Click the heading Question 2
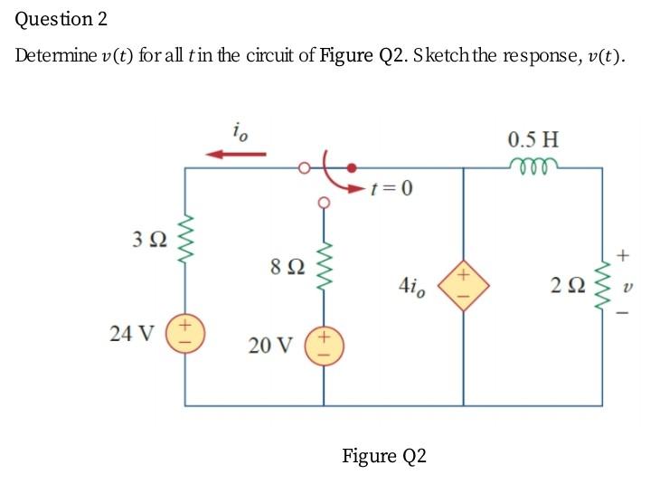click(x=55, y=19)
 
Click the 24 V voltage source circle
click(x=187, y=332)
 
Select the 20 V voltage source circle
click(x=323, y=347)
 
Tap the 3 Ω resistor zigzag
click(x=187, y=242)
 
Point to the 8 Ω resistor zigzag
click(x=323, y=268)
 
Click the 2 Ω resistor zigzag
click(x=603, y=287)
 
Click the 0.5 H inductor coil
click(x=533, y=166)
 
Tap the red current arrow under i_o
click(x=236, y=154)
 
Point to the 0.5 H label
click(x=533, y=140)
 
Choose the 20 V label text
click(x=271, y=346)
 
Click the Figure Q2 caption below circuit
click(x=383, y=455)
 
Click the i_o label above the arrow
click(x=238, y=132)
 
